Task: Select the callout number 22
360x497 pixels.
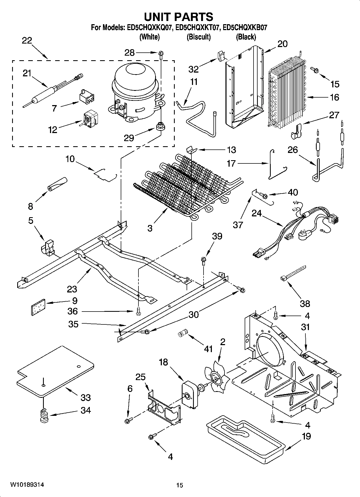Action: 27,41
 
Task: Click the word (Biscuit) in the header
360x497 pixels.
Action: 198,37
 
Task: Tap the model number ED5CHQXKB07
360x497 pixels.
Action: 245,27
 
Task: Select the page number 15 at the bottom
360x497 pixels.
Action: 180,485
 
